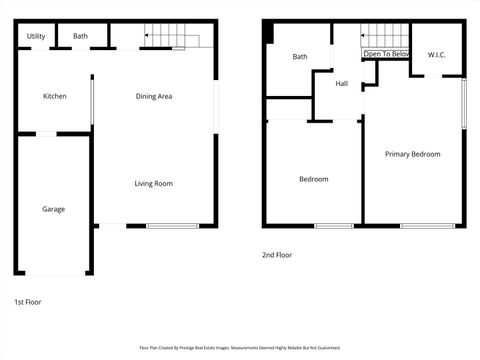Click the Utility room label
point(36,36)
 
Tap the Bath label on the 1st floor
point(80,36)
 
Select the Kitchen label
point(55,96)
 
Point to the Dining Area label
point(154,96)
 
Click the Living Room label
point(154,183)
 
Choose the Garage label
point(53,209)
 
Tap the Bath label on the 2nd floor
point(300,57)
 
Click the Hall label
point(342,84)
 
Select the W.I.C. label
point(436,54)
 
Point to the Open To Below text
point(386,54)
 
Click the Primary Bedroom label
point(412,154)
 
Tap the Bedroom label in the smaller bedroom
point(314,179)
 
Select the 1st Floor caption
point(28,301)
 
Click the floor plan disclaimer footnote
point(240,348)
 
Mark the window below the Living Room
point(172,226)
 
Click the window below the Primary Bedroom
point(421,226)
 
